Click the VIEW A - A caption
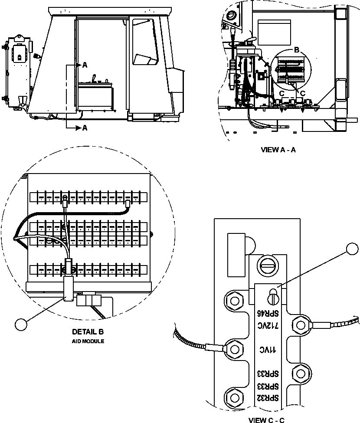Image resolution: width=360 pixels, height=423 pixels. tap(278, 150)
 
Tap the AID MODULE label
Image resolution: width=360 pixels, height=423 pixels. tap(88, 341)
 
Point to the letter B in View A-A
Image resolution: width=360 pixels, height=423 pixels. tap(296, 50)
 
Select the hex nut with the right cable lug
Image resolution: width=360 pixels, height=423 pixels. tap(299, 323)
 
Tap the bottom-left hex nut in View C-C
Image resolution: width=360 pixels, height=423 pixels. tap(235, 396)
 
